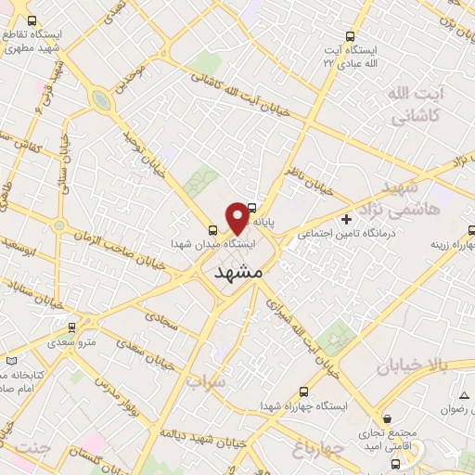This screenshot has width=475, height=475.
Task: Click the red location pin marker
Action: pos(237,218)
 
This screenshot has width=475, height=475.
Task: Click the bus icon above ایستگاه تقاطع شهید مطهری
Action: pos(32,20)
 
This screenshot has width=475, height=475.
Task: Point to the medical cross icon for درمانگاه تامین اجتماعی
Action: pos(346,221)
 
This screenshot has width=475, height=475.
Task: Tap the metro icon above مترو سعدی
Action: pos(72,327)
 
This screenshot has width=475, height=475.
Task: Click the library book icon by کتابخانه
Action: pos(10,359)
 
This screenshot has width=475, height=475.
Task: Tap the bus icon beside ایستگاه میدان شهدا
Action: pos(214,230)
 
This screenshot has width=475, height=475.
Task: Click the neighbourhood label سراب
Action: pos(206,381)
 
